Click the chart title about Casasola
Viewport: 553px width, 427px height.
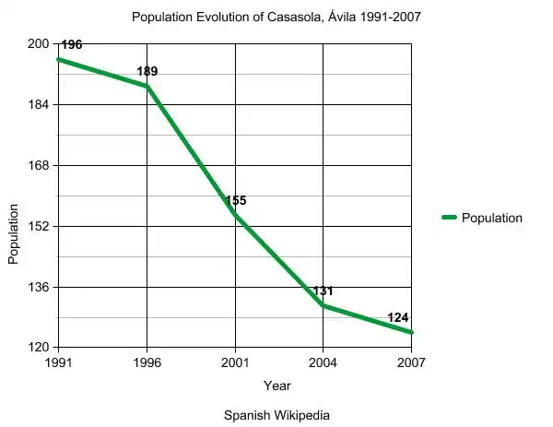point(276,18)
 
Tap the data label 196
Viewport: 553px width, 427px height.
point(72,44)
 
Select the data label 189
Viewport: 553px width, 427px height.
point(147,71)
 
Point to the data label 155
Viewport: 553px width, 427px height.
point(236,200)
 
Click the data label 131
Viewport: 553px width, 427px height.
point(323,291)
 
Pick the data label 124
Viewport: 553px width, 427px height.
point(398,317)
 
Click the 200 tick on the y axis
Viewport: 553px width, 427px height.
point(38,44)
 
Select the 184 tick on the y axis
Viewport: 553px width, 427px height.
point(38,105)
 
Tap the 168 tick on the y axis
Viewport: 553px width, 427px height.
point(38,166)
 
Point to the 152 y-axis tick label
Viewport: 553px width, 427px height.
point(38,226)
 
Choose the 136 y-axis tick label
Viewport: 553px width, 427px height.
point(38,287)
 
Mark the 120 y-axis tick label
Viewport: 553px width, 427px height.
point(38,348)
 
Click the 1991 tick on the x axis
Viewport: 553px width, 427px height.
point(59,362)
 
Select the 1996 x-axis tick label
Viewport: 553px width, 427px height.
point(147,362)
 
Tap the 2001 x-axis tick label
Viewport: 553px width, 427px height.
point(235,362)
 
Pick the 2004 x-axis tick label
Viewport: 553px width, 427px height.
point(324,362)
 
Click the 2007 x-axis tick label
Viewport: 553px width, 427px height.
point(412,362)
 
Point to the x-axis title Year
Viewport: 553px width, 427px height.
point(276,385)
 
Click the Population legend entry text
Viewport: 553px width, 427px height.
point(491,219)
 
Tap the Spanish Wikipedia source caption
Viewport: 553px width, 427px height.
point(276,415)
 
